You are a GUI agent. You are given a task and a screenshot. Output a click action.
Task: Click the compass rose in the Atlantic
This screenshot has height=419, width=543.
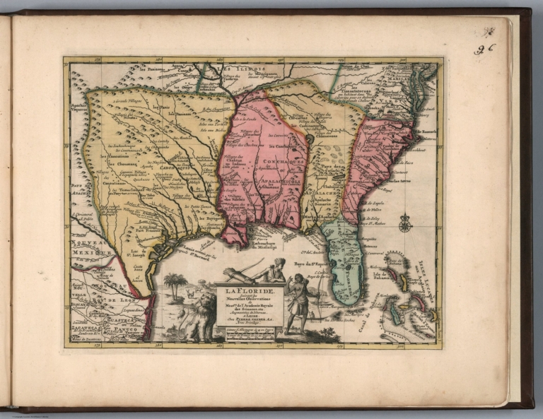404,224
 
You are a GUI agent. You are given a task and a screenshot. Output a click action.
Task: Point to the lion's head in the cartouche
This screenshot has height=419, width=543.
205,303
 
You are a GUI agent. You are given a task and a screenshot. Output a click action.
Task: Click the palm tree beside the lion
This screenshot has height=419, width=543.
175,283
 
